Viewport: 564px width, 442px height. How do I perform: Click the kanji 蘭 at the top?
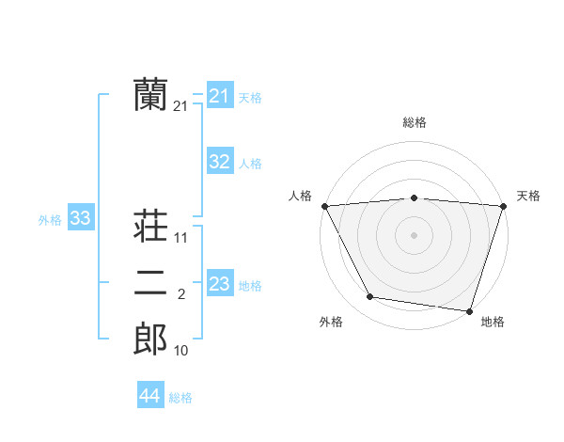(x=150, y=95)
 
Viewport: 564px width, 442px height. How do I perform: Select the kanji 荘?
(x=150, y=227)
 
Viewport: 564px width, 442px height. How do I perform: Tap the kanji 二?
(x=150, y=283)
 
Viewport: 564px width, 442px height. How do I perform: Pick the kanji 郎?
(x=150, y=339)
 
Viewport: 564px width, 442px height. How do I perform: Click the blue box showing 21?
(x=219, y=96)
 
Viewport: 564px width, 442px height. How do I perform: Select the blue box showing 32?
(x=219, y=162)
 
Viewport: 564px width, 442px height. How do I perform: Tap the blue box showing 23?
(x=219, y=283)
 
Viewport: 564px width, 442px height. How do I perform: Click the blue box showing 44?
(x=149, y=396)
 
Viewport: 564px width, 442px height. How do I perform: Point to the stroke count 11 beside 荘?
(x=181, y=239)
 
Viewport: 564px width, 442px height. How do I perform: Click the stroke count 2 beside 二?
(x=181, y=295)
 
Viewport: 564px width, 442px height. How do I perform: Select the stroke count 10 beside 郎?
(x=181, y=352)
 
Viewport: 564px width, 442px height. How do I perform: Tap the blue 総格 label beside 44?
(x=180, y=398)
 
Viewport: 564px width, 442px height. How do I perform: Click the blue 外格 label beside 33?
(x=50, y=220)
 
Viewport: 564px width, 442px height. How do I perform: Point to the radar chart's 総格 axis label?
(x=415, y=122)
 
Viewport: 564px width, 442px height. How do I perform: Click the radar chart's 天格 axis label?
(x=528, y=196)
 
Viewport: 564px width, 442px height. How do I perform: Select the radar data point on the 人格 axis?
(x=324, y=205)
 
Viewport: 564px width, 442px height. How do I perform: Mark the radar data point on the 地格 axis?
(x=469, y=310)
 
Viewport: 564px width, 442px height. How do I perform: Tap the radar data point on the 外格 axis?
(x=370, y=297)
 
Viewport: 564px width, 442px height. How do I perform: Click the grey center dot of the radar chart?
(x=414, y=234)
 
